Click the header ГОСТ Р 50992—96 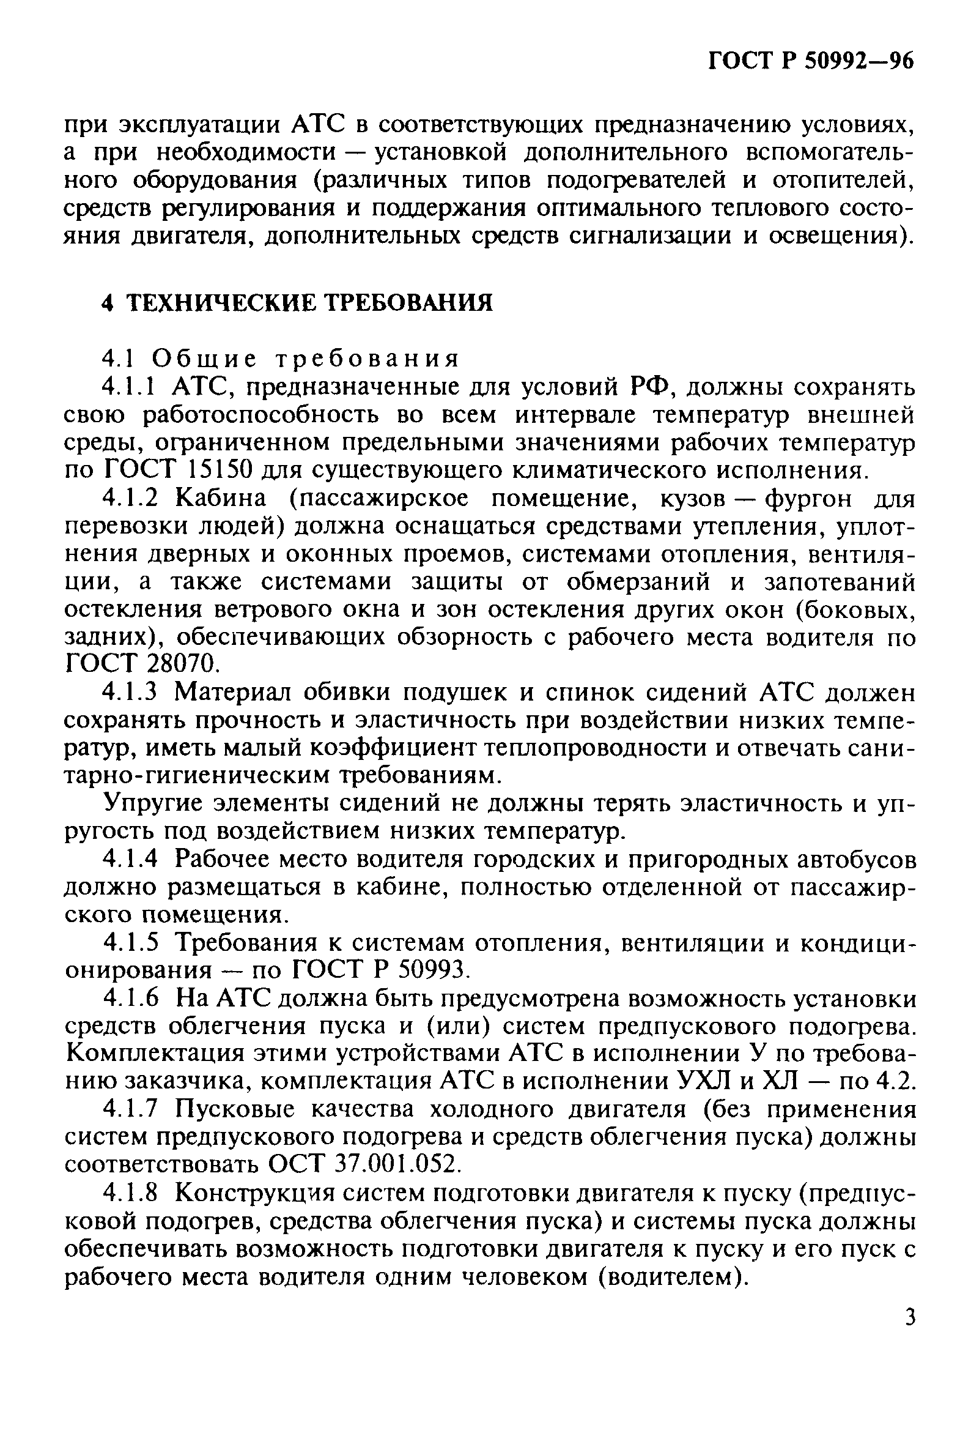810,61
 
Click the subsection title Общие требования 306,358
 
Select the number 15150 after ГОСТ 220,470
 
